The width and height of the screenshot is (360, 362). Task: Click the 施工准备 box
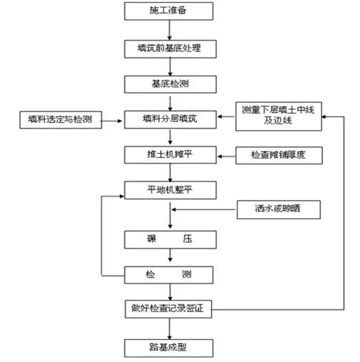pyautogui.click(x=169, y=10)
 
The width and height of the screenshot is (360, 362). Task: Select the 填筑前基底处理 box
pyautogui.click(x=169, y=49)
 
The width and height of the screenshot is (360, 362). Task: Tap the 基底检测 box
pyautogui.click(x=169, y=84)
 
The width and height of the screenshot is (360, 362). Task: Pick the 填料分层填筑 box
pyautogui.click(x=169, y=119)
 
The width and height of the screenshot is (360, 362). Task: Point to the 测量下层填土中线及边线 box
pyautogui.click(x=279, y=116)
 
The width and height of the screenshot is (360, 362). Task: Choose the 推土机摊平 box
pyautogui.click(x=169, y=155)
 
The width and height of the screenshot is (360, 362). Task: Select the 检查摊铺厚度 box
pyautogui.click(x=279, y=155)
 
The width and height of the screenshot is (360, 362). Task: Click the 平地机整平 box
pyautogui.click(x=169, y=190)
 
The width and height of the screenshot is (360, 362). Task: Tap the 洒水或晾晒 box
pyautogui.click(x=279, y=209)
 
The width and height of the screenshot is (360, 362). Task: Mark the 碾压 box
pyautogui.click(x=169, y=239)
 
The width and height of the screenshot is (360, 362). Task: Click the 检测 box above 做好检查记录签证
pyautogui.click(x=169, y=275)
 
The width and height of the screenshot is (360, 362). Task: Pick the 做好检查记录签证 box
pyautogui.click(x=169, y=308)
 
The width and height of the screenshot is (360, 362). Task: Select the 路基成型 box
pyautogui.click(x=169, y=348)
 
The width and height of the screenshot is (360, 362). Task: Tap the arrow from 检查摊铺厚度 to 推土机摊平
pyautogui.click(x=227, y=155)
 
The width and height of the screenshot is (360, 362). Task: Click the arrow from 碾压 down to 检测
pyautogui.click(x=169, y=257)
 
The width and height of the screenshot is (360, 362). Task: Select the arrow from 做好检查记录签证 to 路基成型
pyautogui.click(x=169, y=328)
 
